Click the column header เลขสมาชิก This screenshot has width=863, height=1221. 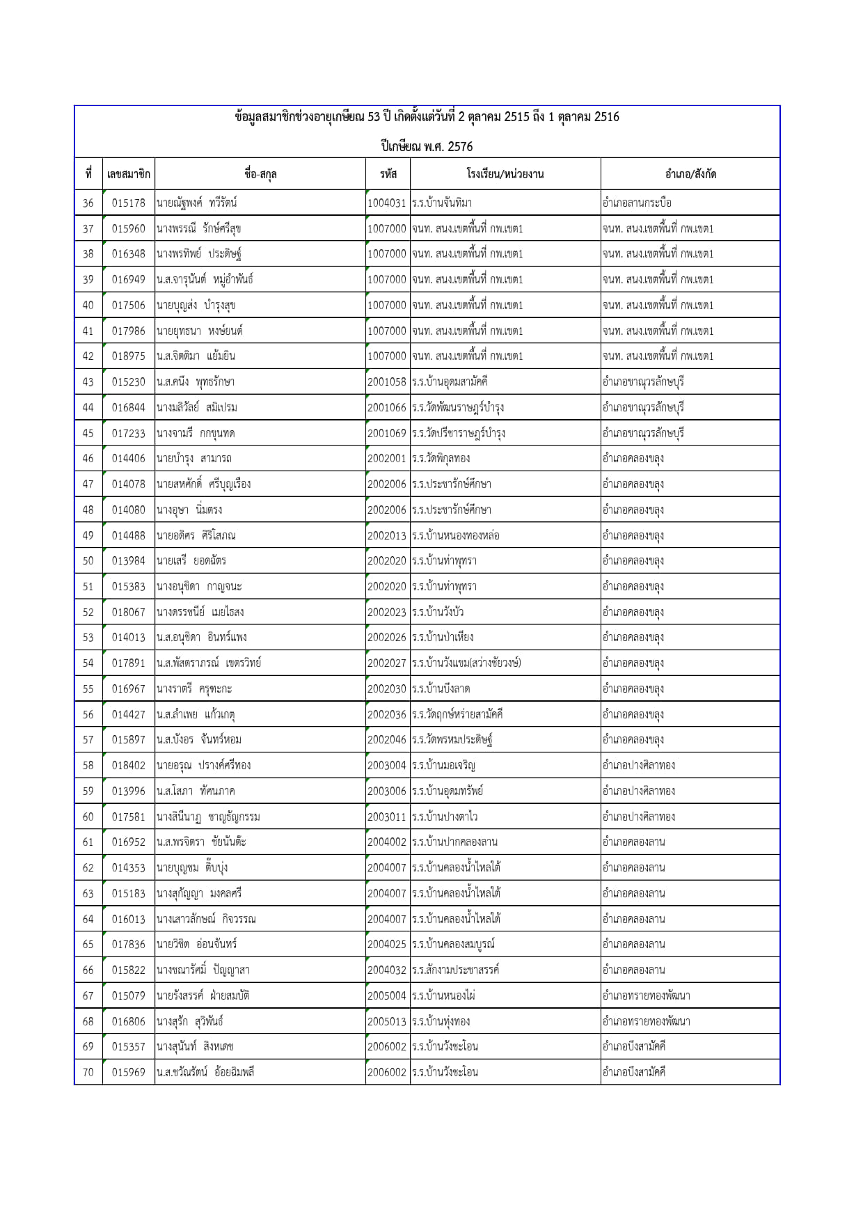pos(128,174)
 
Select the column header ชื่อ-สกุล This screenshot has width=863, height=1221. pos(260,174)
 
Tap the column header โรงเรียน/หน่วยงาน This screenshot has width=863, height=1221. pos(505,174)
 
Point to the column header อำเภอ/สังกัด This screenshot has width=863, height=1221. pos(690,174)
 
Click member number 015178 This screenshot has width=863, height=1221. pos(129,203)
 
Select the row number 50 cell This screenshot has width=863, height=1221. pos(88,561)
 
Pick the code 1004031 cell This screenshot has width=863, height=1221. pos(387,203)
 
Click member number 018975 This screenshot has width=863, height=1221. pos(129,356)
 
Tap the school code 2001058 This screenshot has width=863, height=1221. pos(387,382)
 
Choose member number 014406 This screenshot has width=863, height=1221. pos(129,459)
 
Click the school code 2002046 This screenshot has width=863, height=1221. pos(387,740)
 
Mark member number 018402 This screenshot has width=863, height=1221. pos(129,766)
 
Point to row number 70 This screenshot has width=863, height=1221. pos(88,1072)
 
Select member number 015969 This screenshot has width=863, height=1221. pos(129,1072)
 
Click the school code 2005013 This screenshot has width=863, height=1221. pos(387,1021)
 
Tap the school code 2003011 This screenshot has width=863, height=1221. pos(387,817)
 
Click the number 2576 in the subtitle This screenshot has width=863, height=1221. pos(461,147)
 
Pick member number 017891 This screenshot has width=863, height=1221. pos(129,663)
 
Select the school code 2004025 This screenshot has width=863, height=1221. pos(387,945)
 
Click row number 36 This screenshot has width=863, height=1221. pos(88,203)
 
